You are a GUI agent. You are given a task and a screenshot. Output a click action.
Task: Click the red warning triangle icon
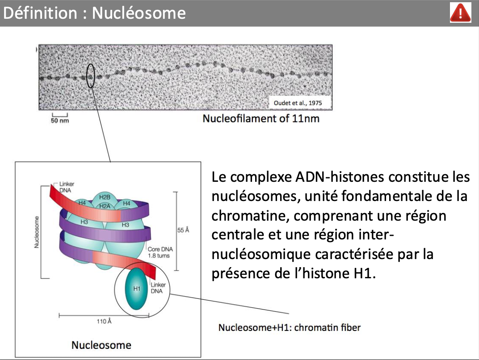point(460,13)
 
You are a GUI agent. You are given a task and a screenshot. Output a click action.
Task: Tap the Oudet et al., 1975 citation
point(297,103)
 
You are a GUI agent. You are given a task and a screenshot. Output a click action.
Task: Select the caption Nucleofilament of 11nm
point(261,119)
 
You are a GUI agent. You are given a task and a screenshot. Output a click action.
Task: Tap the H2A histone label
point(105,206)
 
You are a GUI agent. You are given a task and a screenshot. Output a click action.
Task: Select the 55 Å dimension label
point(183,230)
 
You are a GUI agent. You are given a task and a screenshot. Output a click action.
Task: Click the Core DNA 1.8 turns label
point(158,253)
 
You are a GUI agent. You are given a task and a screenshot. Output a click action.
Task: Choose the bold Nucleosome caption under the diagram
point(101,345)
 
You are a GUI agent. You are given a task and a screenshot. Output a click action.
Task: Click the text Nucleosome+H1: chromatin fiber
point(289,327)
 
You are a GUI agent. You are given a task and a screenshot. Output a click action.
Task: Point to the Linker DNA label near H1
point(158,288)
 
